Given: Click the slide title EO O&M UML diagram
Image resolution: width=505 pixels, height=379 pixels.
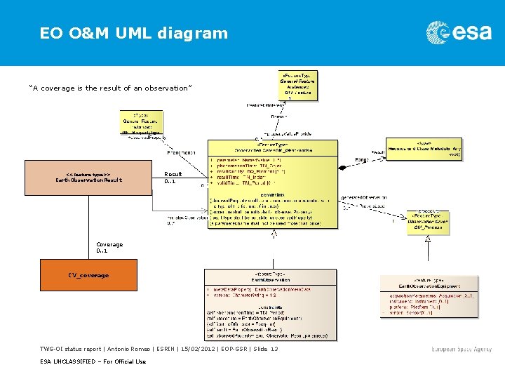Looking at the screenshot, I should click(133, 33).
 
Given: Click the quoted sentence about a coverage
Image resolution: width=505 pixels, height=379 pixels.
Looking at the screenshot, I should click(109, 88).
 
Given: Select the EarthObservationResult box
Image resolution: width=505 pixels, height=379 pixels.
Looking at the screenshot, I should click(88, 178).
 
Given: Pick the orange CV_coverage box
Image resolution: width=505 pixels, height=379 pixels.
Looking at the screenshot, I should click(88, 275).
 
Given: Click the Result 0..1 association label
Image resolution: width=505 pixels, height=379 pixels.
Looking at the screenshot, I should click(173, 178).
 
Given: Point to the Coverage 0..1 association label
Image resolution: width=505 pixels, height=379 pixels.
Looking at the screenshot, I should click(109, 247).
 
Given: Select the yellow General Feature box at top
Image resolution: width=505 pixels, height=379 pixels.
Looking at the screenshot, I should click(298, 84).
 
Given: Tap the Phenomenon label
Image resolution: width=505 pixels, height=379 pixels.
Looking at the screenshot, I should click(181, 152).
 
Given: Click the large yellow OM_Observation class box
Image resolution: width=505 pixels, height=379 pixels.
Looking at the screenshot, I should click(272, 184).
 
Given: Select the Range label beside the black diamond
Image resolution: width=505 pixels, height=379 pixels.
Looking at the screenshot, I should click(362, 160).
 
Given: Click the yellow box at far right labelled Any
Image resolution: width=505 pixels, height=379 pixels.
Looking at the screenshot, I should click(424, 148).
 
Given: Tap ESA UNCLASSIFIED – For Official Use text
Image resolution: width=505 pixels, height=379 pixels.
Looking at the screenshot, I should click(93, 361).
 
